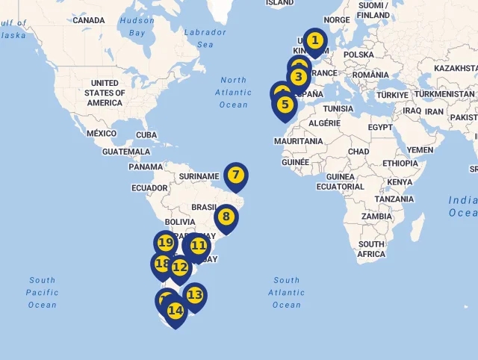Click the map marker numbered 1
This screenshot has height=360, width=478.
click(315, 41)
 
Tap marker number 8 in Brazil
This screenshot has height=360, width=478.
click(226, 218)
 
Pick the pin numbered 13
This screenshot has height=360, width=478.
click(194, 295)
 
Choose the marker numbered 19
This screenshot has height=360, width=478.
click(166, 243)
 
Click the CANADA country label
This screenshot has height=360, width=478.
click(89, 20)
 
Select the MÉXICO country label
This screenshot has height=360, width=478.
click(102, 133)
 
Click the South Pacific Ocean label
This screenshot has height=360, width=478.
click(43, 292)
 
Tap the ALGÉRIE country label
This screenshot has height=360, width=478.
click(324, 122)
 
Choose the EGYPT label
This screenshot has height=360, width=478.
click(379, 128)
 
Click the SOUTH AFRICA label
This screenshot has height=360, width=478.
click(371, 249)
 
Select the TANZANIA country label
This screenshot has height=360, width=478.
click(394, 199)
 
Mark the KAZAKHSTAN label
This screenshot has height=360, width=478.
click(454, 68)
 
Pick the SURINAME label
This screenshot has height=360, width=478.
click(199, 177)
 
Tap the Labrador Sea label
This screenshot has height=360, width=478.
click(205, 38)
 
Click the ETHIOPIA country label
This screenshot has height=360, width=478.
click(400, 163)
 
